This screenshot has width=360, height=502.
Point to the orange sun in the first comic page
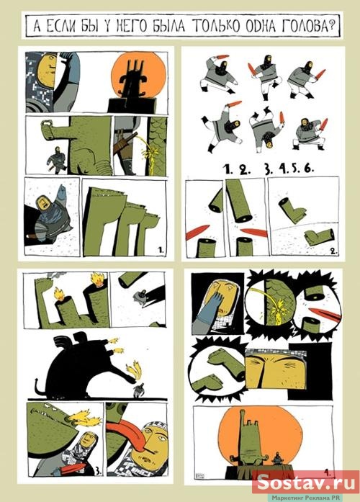(x=138, y=77)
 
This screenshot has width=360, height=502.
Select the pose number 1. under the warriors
(x=228, y=169)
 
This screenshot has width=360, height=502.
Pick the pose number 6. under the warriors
(x=308, y=169)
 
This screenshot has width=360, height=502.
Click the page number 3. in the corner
(x=99, y=471)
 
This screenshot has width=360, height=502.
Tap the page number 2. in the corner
(x=333, y=251)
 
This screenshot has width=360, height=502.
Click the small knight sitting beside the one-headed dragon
(x=277, y=460)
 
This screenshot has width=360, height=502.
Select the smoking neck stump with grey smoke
(x=45, y=281)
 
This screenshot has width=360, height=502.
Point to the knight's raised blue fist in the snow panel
(x=61, y=193)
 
